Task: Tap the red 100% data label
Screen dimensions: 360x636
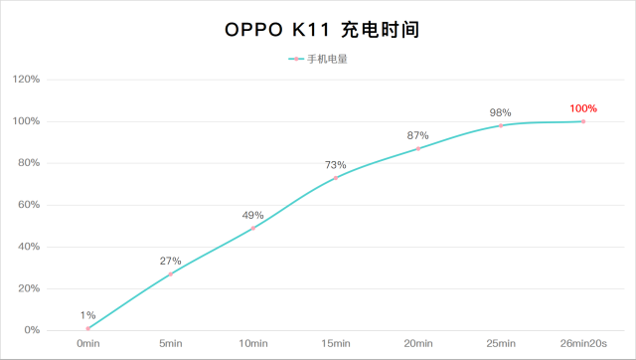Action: (x=583, y=108)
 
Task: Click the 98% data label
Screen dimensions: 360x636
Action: (x=500, y=112)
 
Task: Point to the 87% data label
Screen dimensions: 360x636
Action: (x=417, y=135)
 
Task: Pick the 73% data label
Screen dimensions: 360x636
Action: (x=335, y=165)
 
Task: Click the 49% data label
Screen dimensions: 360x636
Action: (x=252, y=215)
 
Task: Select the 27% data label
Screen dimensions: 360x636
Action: (x=170, y=262)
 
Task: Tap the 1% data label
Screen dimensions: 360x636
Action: (x=88, y=315)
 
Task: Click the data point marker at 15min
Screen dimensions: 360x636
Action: (x=336, y=177)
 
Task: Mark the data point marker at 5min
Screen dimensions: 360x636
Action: (x=171, y=273)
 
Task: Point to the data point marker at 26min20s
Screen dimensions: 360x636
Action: (x=583, y=121)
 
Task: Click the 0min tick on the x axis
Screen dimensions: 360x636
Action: (x=88, y=343)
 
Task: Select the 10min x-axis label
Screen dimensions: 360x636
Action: (x=253, y=343)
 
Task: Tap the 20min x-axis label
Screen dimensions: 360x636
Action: (x=418, y=343)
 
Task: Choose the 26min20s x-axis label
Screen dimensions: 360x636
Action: (x=583, y=343)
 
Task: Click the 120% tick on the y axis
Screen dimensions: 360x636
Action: (x=27, y=80)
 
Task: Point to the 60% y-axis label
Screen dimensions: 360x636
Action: (x=29, y=205)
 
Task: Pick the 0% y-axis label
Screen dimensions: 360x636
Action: (x=32, y=330)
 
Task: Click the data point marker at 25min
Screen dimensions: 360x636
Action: (x=501, y=125)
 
